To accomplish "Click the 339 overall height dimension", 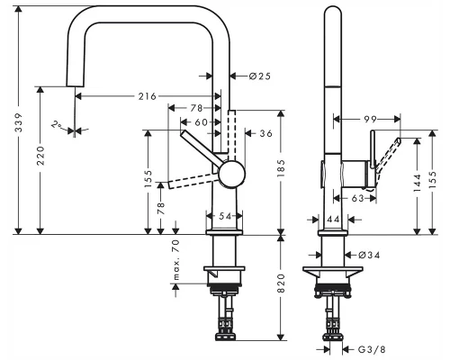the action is [19, 122].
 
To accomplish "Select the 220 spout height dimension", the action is [40, 156].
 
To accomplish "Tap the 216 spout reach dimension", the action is [148, 96].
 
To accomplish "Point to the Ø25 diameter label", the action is [260, 76].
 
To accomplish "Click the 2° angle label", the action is [57, 124].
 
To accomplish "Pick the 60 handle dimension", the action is [201, 122].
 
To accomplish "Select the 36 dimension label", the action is [265, 133].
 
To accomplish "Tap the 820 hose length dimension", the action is [281, 283].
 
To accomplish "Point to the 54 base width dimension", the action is [225, 216].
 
